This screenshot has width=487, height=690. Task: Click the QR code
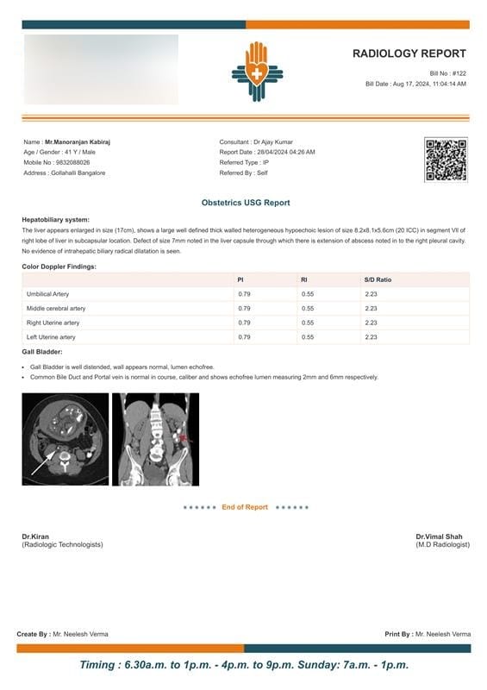pos(445,160)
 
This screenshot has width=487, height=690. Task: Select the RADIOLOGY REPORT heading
pos(409,53)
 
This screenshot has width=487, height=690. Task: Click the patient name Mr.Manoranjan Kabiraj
pos(78,141)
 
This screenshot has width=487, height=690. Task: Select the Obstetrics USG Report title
pos(246,203)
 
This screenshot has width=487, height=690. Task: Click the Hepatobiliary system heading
pos(55,220)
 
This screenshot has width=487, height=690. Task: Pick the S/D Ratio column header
pos(378,279)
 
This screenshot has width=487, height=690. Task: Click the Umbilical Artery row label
pos(48,294)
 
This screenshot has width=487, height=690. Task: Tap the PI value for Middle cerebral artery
pos(244,308)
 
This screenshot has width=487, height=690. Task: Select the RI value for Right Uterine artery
pos(308,323)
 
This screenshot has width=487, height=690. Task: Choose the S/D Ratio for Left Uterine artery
pos(371,336)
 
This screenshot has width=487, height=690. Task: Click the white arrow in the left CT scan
pos(43,462)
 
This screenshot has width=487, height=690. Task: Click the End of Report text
pos(245,507)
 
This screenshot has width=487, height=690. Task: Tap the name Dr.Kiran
pos(35,537)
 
